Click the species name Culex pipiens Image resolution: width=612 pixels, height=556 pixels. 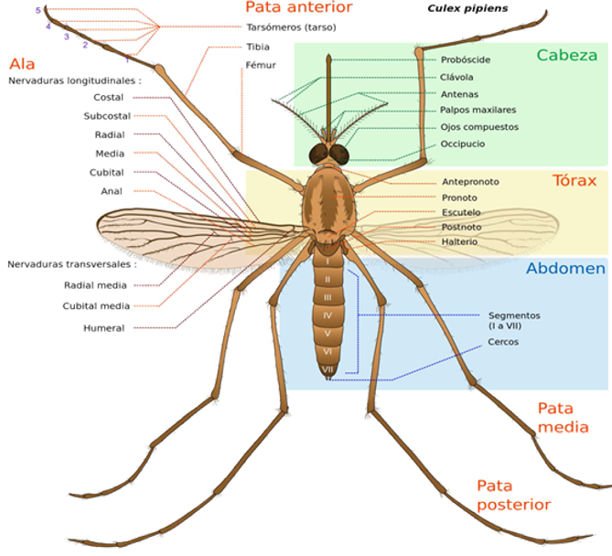[467, 8]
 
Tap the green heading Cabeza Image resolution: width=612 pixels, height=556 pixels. [567, 55]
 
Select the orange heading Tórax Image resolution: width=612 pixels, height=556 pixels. [574, 180]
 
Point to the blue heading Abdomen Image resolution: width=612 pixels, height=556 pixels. [565, 268]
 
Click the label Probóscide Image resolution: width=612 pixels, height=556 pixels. [466, 59]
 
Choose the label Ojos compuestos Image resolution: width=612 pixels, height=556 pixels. [479, 127]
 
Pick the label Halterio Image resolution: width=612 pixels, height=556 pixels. [459, 242]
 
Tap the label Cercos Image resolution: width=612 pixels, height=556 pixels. [503, 342]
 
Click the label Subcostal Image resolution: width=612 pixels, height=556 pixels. [107, 116]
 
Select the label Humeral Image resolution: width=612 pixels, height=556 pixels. [103, 328]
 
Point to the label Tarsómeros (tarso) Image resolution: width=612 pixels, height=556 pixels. [291, 27]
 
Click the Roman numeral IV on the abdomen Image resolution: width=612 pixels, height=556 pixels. [327, 315]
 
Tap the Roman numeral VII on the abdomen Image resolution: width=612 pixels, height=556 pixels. [327, 369]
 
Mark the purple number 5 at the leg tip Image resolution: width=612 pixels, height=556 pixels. [38, 11]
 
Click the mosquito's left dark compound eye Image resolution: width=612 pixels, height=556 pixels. [319, 155]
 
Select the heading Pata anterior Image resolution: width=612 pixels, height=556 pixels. [299, 7]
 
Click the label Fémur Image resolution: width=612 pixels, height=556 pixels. [261, 65]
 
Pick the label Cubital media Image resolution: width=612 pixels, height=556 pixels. [96, 306]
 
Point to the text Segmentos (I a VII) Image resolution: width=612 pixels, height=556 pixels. [514, 320]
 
